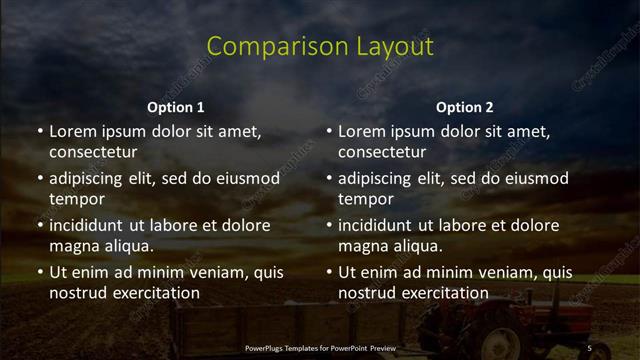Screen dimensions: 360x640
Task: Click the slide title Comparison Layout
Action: pos(320,47)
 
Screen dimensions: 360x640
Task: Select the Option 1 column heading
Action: pos(176,107)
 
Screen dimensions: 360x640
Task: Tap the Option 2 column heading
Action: pos(465,107)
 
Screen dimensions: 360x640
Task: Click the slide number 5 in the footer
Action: pos(589,347)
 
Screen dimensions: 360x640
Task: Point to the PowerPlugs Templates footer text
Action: pos(320,347)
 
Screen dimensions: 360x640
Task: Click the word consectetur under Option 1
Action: pos(93,152)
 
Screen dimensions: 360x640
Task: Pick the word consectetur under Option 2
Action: pos(382,152)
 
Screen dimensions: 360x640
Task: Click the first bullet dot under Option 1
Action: pos(40,131)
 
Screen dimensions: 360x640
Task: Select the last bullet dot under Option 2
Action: pos(329,272)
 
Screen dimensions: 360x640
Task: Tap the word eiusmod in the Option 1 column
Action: pos(245,178)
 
